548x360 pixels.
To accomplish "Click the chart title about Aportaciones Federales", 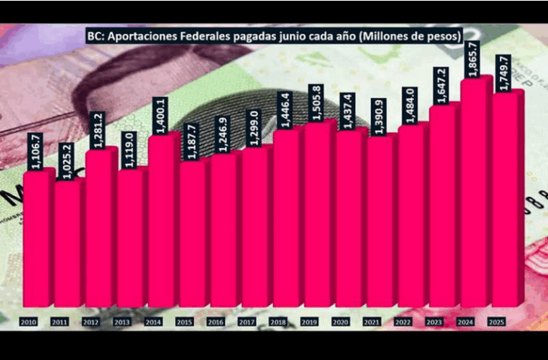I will [x=274, y=35].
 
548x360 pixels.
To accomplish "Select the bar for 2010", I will [x=37, y=236].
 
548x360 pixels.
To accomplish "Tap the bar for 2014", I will [x=161, y=221].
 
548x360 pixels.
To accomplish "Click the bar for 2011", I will [x=68, y=240].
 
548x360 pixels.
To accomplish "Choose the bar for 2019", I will [x=318, y=213].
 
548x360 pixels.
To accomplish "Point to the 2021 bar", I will [x=380, y=221].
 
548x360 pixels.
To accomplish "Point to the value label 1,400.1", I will [x=161, y=115].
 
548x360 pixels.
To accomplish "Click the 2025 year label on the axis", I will [x=497, y=322].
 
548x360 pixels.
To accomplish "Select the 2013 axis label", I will [x=123, y=322].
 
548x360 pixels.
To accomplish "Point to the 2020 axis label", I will [x=341, y=322].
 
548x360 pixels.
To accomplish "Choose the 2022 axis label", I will [x=403, y=322].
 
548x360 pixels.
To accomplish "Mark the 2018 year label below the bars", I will [x=279, y=322].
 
